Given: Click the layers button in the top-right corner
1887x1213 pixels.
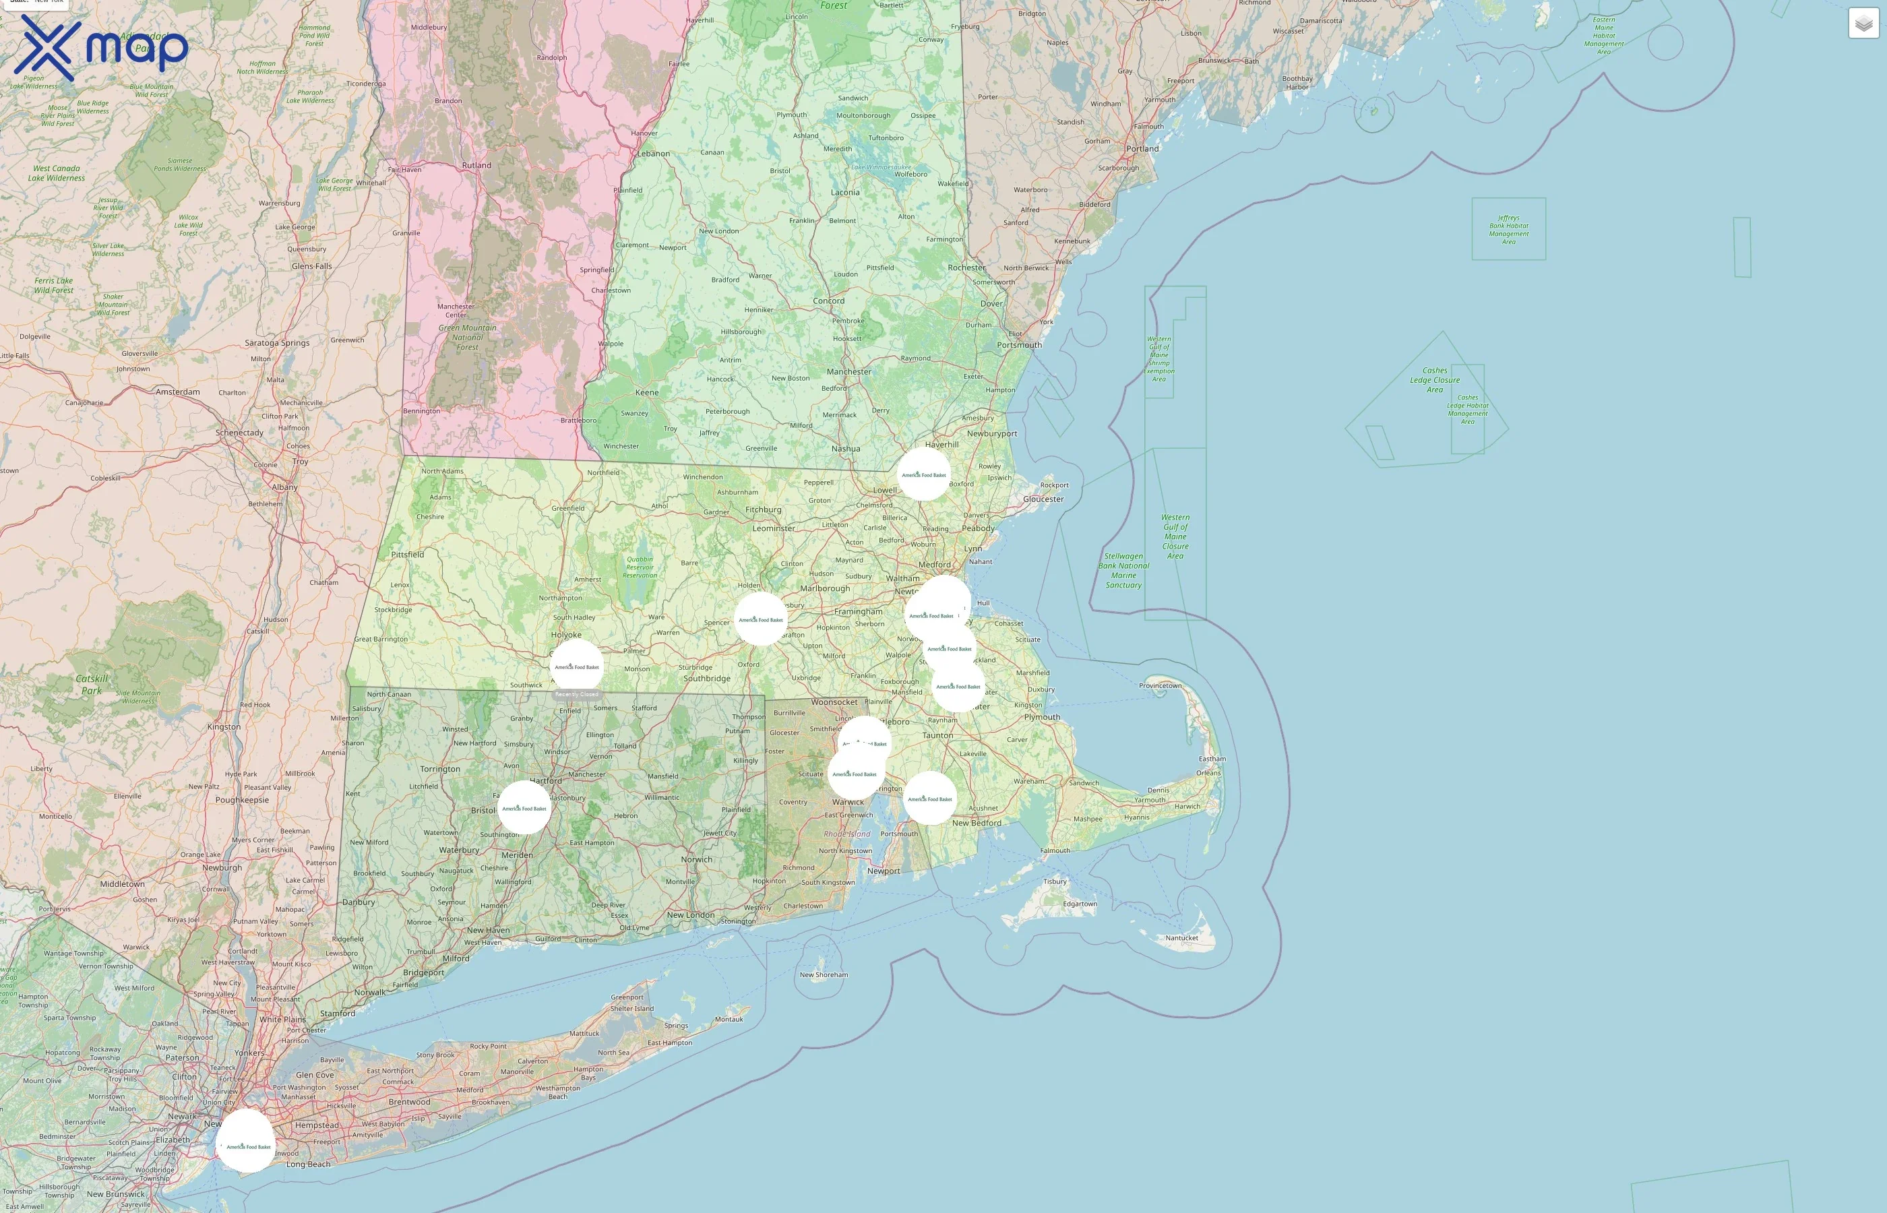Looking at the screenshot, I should tap(1863, 24).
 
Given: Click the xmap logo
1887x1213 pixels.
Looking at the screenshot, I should tap(101, 48).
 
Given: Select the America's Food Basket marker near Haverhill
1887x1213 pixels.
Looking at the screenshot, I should tap(924, 475).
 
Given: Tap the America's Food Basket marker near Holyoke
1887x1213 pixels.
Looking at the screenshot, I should tap(576, 666).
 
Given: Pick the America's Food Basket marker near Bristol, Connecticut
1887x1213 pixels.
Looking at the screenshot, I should tap(524, 808).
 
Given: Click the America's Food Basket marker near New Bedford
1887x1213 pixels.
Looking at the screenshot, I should tap(930, 799).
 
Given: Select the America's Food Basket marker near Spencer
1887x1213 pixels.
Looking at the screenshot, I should tap(761, 620).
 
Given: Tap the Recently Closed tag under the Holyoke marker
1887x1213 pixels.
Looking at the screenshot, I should tap(576, 694).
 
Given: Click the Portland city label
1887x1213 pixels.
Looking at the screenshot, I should tap(1142, 149).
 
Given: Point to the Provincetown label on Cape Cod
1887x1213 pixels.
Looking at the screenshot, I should tap(1160, 685).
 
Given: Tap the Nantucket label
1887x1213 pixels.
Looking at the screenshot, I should tap(1181, 937).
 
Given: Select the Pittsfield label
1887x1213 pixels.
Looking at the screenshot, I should tap(407, 555).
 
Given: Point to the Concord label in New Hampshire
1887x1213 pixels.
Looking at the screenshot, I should tap(828, 301).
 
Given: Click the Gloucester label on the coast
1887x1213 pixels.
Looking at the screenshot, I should tap(1043, 499).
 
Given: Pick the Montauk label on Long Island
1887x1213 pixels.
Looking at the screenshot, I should tap(729, 1019).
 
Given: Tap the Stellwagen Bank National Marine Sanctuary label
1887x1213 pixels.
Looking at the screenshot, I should tap(1123, 570).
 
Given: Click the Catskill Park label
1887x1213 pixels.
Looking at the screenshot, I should tap(92, 685).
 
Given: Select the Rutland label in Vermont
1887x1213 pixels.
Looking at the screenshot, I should tap(476, 165).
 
